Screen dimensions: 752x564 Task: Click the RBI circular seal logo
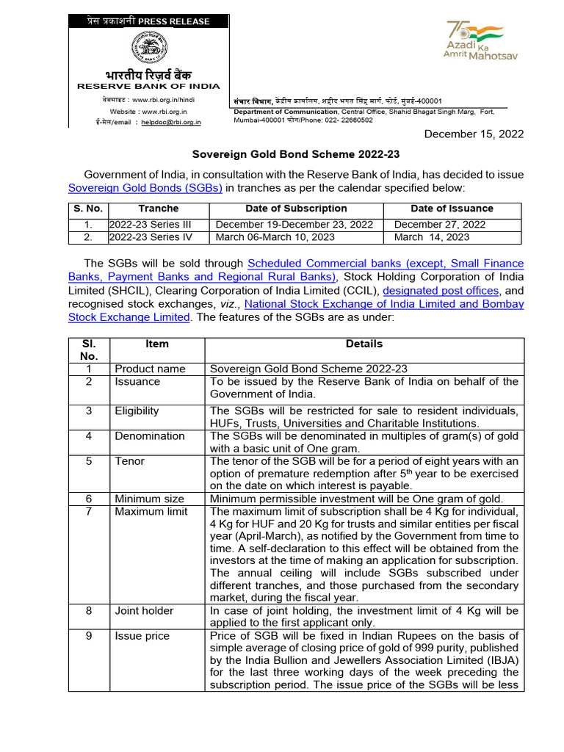tap(149, 49)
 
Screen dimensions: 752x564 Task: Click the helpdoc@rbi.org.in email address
tap(171, 123)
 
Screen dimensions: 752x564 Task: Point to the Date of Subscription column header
tap(296, 209)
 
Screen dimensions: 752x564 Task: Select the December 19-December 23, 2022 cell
tap(294, 225)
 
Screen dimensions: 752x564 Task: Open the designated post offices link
tap(446, 290)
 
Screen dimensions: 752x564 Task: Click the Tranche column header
tap(158, 209)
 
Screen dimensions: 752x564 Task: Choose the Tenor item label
tap(130, 461)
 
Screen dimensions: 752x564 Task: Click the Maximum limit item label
tap(151, 511)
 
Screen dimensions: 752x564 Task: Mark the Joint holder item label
tap(144, 610)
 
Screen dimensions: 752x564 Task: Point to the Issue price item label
tap(142, 635)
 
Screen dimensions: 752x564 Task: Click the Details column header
tap(364, 344)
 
